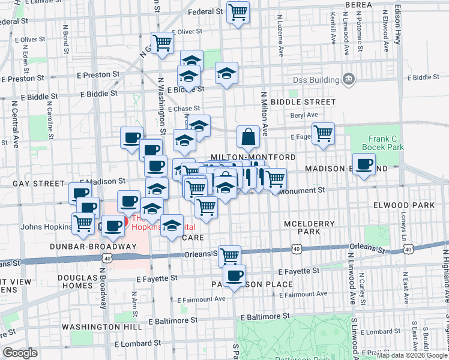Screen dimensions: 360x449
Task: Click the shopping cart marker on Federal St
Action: click(x=238, y=11)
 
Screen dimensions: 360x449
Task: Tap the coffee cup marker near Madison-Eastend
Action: click(x=364, y=164)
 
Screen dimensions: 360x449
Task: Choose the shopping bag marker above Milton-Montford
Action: click(x=248, y=137)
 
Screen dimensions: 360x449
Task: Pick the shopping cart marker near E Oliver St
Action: click(x=162, y=43)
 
